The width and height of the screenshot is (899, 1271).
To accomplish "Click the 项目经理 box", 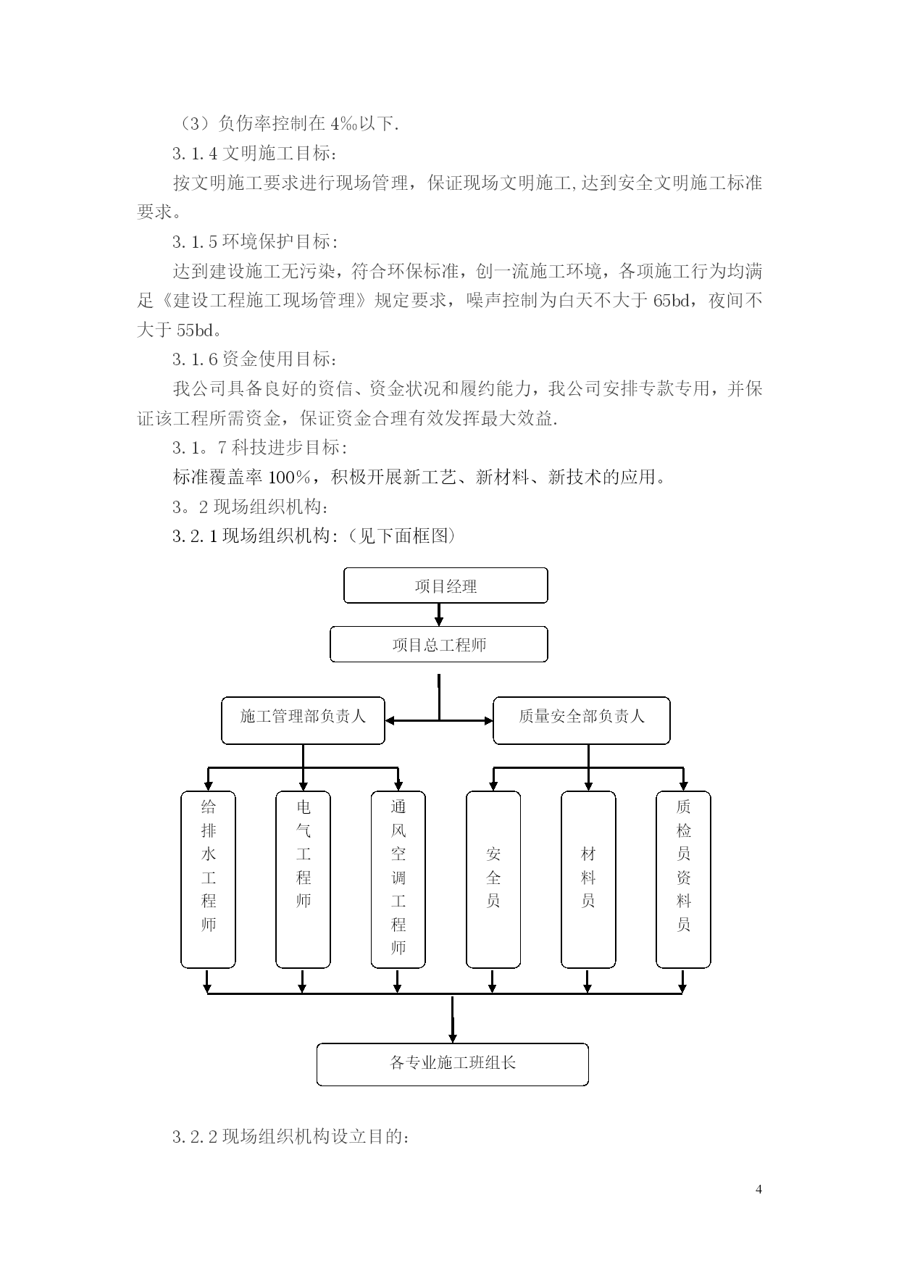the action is [446, 586].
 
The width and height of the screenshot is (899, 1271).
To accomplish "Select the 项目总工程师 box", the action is [439, 644].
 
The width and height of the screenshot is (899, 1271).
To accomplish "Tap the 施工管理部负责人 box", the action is [303, 720].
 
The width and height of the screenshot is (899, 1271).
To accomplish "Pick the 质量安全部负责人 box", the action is [582, 720].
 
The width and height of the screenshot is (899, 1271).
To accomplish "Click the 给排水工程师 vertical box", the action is [209, 880].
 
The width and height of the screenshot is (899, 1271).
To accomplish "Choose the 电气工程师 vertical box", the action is [304, 880].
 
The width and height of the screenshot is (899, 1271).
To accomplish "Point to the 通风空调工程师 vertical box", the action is [398, 880].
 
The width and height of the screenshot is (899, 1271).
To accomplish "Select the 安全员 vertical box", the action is [493, 880].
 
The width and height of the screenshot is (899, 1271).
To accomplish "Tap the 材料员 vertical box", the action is [588, 880].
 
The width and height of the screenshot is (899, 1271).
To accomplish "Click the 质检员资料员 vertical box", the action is [683, 880].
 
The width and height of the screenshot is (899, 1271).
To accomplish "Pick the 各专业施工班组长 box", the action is [453, 1064].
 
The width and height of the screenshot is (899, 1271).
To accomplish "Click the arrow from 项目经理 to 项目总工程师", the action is [439, 615].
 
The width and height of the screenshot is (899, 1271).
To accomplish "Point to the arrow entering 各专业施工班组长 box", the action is [453, 1020].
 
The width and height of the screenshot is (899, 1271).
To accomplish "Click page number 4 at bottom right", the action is [758, 1189].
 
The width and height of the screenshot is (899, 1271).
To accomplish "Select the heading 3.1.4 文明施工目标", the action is [254, 154].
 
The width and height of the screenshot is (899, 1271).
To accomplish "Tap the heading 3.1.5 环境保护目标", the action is [254, 242].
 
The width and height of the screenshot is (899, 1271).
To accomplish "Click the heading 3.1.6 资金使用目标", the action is [254, 359].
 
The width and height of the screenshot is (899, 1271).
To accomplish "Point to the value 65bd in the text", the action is [672, 301].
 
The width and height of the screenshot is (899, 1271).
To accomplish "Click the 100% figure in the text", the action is [289, 477].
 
